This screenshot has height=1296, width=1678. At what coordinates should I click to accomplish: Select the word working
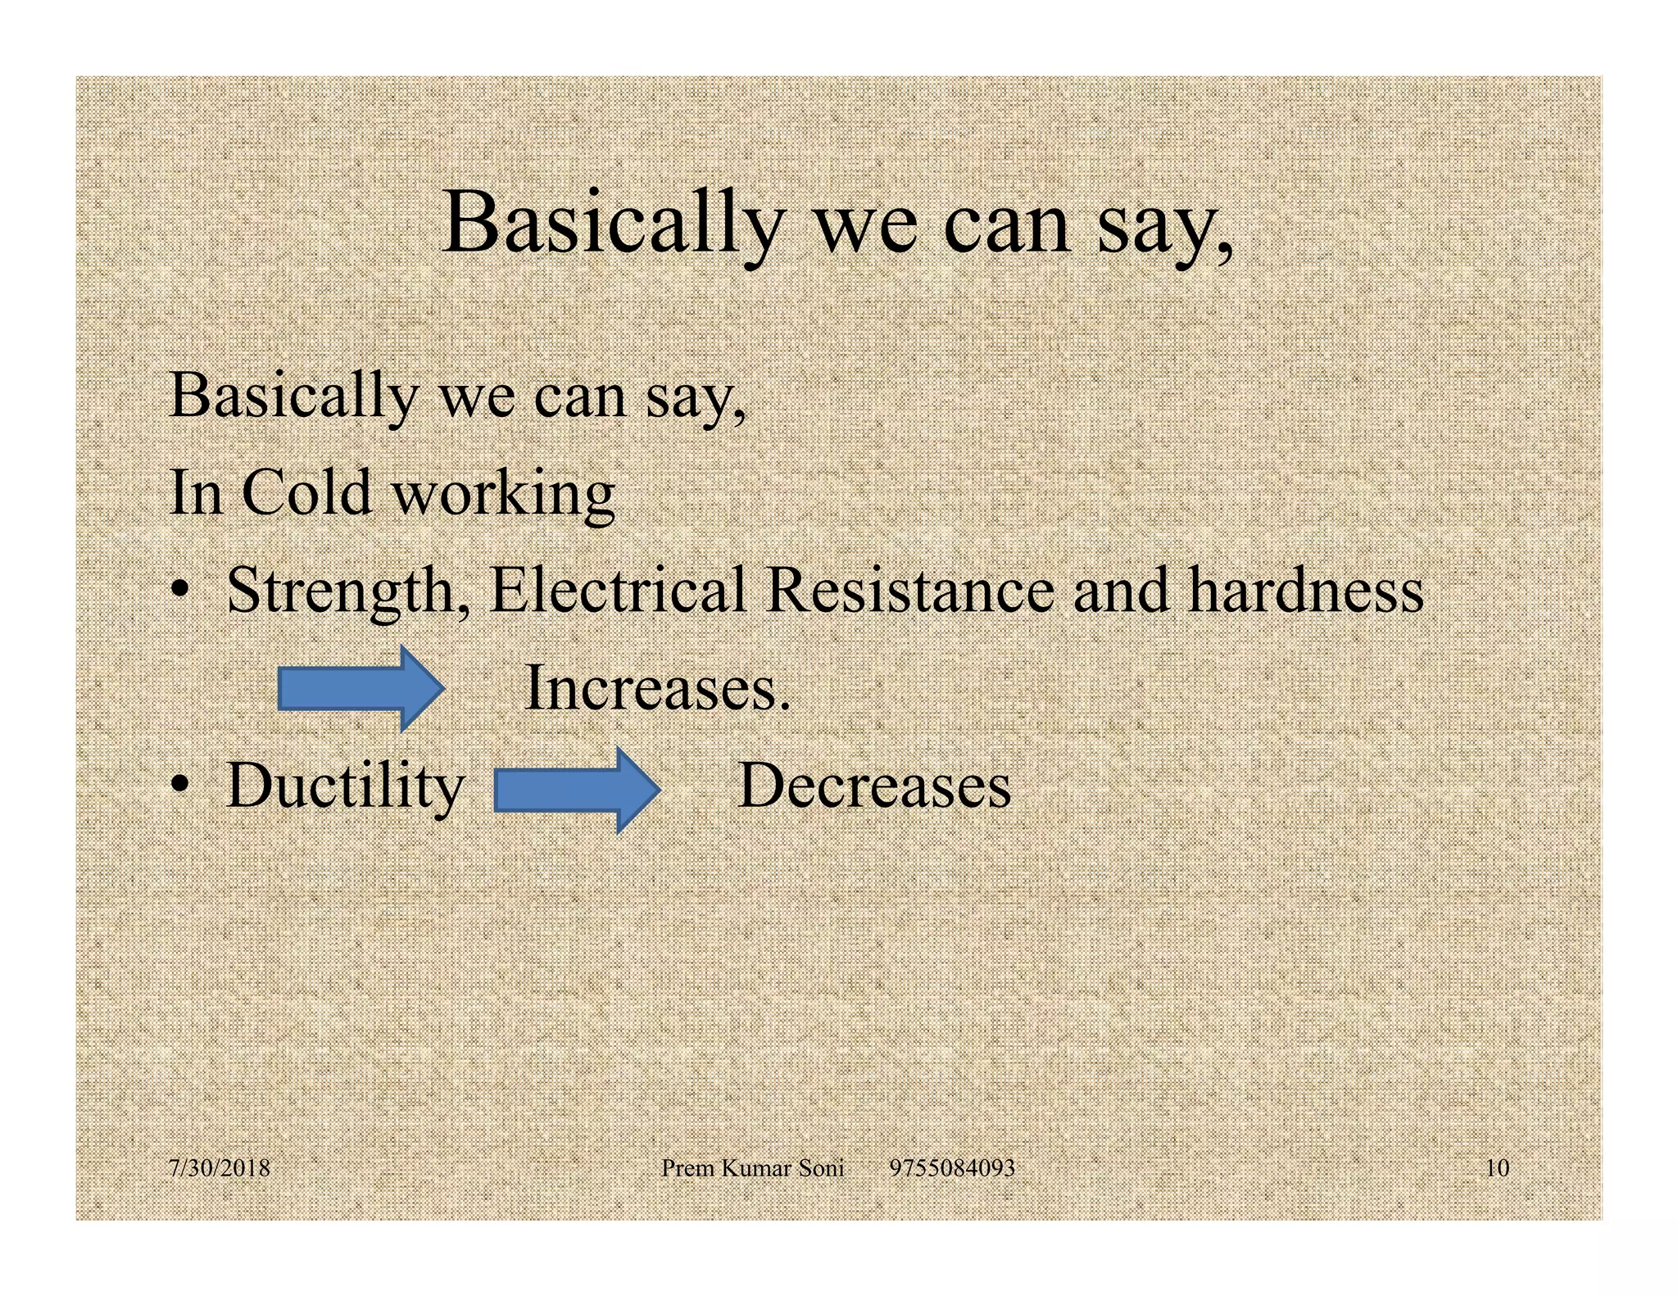tap(503, 494)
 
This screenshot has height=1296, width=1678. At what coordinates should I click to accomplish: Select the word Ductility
tap(345, 786)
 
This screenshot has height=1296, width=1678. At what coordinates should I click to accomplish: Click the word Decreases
tap(874, 786)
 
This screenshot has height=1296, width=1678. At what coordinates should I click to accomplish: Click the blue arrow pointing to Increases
tap(361, 688)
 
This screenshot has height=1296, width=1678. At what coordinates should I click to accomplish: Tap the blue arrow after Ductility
tap(577, 790)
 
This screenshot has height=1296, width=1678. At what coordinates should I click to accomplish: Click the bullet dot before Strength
tap(181, 591)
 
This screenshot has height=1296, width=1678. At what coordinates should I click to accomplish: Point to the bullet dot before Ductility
tap(181, 786)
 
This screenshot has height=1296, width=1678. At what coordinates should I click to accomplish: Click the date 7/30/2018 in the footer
tap(220, 1167)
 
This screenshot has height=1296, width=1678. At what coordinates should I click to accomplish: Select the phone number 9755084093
tap(952, 1167)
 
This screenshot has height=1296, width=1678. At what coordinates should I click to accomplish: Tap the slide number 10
tap(1497, 1167)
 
